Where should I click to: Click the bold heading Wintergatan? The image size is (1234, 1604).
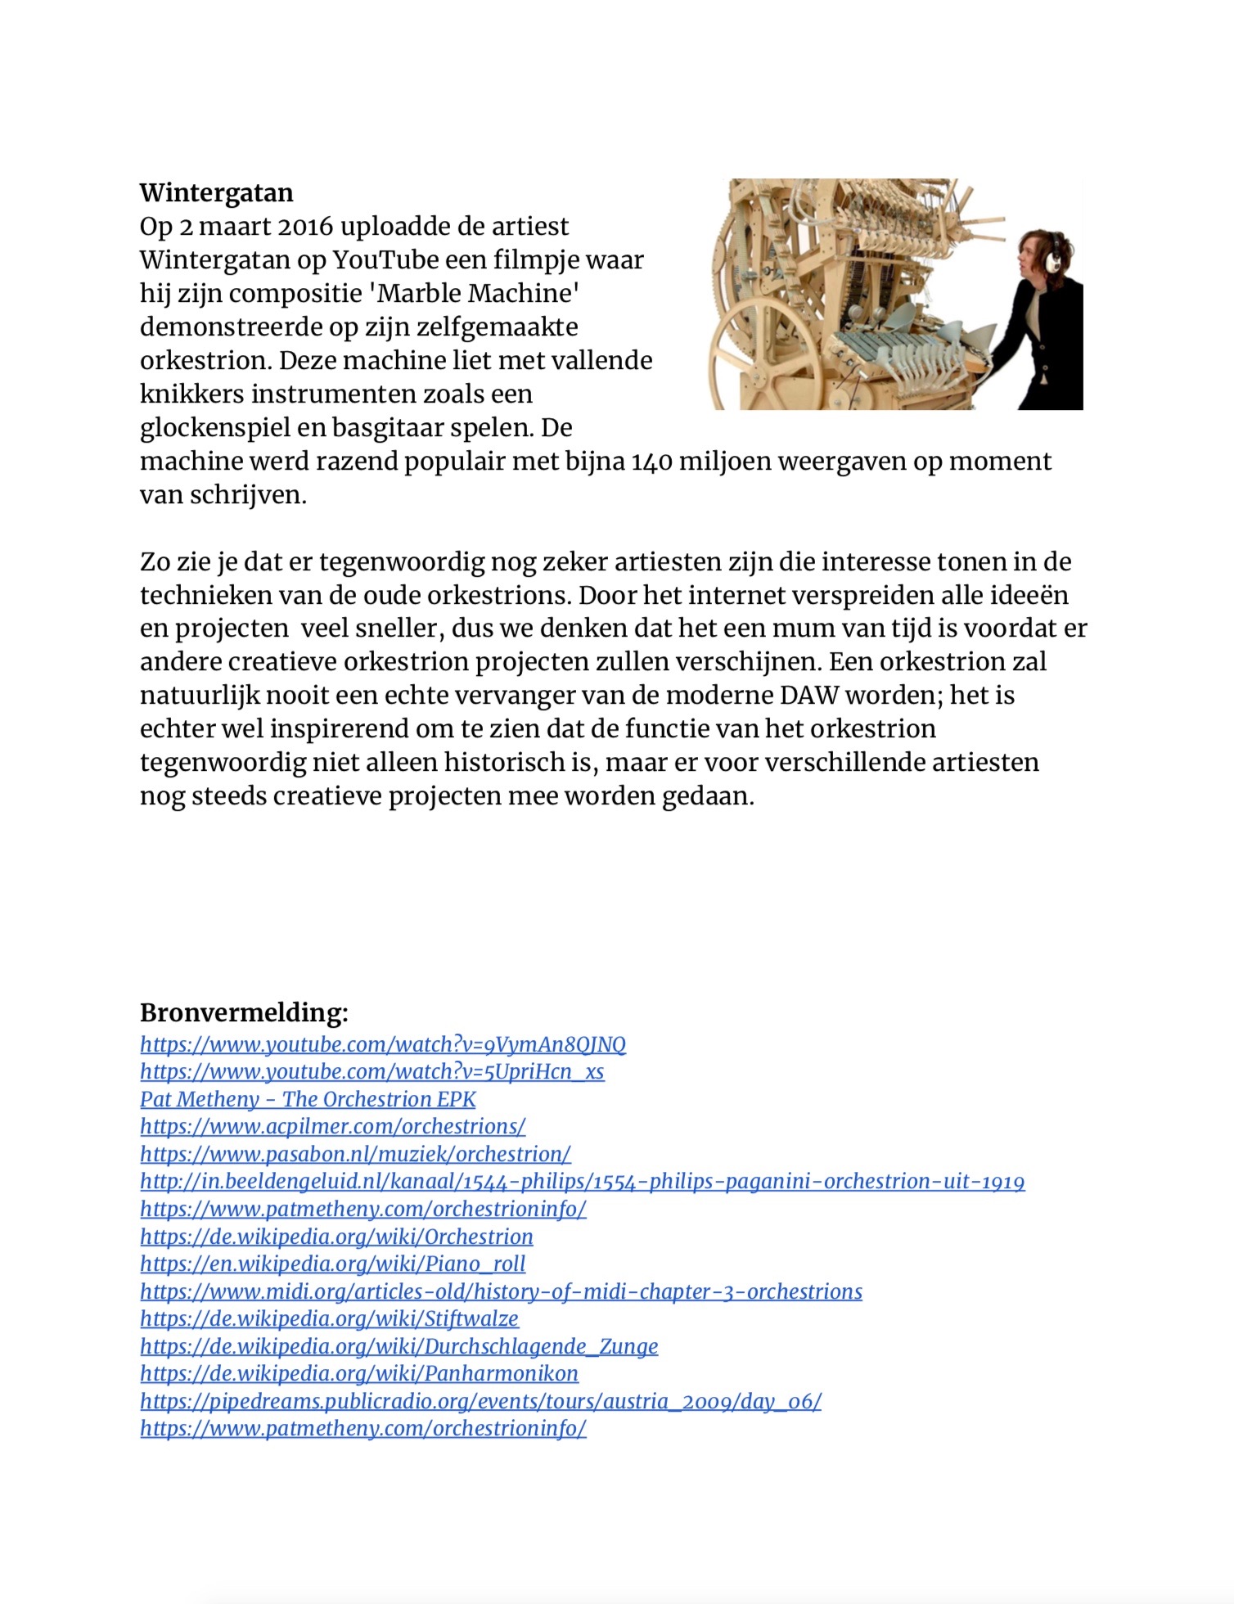coord(216,193)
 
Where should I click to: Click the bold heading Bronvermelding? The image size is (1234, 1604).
coord(244,1013)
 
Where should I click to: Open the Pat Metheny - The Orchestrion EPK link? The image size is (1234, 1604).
coord(308,1099)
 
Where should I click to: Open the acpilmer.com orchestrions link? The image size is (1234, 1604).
coord(332,1127)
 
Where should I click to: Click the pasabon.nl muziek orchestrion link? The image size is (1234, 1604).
coord(355,1154)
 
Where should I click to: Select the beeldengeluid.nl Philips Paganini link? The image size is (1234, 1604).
coord(582,1182)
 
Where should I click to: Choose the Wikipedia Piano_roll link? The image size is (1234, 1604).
coord(332,1264)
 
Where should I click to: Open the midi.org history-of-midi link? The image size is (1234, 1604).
coord(501,1291)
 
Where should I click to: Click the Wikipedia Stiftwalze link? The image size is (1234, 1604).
coord(329,1318)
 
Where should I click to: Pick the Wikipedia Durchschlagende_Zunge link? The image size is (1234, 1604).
coord(399,1346)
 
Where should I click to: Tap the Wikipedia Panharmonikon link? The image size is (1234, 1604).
coord(358,1373)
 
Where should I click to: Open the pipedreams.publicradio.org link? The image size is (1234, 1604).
coord(480,1401)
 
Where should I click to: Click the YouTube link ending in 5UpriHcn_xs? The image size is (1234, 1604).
coord(372,1072)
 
